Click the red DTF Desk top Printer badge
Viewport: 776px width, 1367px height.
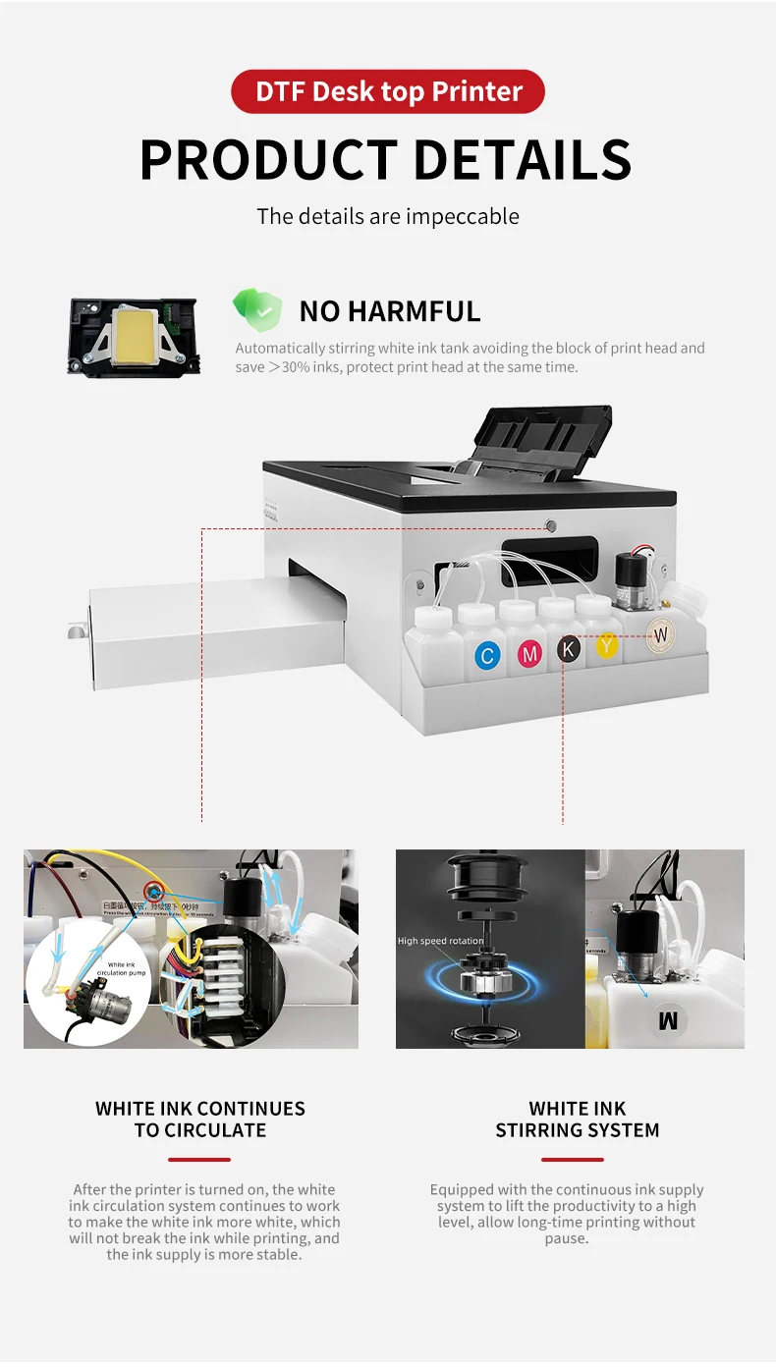point(388,91)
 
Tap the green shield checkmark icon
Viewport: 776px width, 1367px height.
point(256,310)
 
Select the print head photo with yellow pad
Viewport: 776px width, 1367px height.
point(134,336)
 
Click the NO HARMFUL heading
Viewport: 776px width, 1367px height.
point(390,311)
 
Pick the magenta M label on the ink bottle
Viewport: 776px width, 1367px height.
point(530,653)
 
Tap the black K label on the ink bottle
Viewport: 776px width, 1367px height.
point(569,648)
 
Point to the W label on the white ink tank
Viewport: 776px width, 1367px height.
point(660,635)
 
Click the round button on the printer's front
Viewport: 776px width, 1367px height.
point(551,526)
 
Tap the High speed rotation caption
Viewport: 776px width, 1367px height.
point(440,941)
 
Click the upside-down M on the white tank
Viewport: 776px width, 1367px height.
point(668,1021)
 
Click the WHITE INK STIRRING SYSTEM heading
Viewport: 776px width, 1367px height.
point(577,1120)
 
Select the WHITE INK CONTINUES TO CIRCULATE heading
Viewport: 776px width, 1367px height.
point(200,1120)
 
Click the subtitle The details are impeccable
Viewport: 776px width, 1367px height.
point(388,216)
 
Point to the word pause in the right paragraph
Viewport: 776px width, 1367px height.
point(566,1238)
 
